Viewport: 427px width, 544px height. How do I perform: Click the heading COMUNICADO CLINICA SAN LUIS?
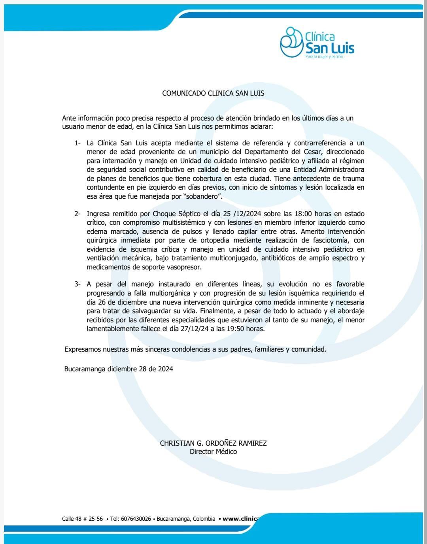coord(213,94)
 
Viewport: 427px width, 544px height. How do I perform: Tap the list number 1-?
coord(77,143)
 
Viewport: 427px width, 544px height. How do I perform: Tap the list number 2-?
coord(77,214)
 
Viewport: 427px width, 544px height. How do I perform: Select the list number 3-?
coord(77,284)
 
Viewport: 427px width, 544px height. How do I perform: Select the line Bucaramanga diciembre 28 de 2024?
coord(119,369)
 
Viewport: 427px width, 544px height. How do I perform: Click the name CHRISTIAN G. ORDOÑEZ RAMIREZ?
coord(213,443)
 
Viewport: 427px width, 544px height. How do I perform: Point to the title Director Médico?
coord(213,452)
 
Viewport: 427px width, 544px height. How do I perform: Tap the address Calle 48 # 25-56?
coord(83,519)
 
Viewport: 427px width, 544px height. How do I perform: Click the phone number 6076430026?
coord(136,519)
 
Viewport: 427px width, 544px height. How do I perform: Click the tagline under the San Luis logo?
coord(324,57)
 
